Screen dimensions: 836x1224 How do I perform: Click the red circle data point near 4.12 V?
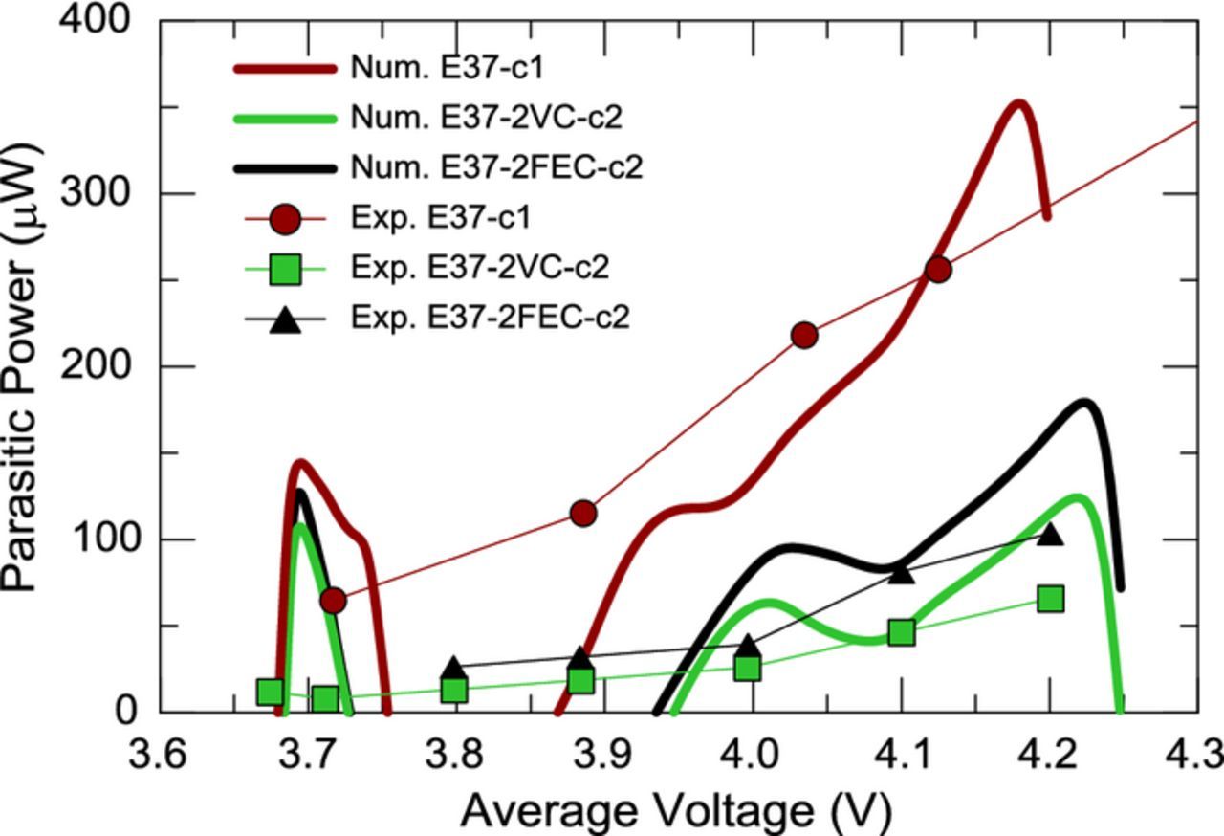pos(938,270)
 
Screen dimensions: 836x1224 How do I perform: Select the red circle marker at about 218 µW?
pos(804,335)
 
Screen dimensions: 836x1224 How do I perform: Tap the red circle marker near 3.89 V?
pos(583,514)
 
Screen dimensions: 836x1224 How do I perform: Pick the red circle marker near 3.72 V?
pos(333,600)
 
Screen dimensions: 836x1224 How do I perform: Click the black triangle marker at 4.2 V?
pos(1050,534)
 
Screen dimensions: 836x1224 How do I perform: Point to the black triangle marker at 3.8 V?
pos(454,669)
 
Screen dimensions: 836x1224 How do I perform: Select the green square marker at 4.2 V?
pos(1050,599)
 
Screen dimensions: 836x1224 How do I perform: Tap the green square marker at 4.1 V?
pos(901,632)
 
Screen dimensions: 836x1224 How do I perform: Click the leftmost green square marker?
pos(270,692)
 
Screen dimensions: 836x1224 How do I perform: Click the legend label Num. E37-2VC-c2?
pos(486,118)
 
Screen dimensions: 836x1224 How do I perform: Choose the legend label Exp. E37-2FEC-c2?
pos(491,317)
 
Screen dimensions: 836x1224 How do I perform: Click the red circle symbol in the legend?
pos(286,218)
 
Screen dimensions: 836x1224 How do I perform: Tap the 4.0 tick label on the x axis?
pos(754,756)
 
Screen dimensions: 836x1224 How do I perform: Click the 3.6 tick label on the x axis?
pos(159,756)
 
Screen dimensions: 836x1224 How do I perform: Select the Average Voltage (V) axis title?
pos(675,811)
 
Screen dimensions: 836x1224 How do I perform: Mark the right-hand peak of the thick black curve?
pos(1083,403)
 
